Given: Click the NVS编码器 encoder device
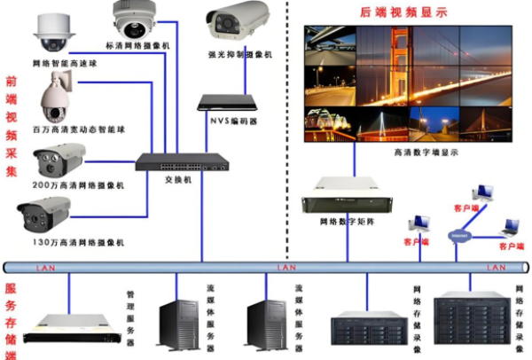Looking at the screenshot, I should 227,103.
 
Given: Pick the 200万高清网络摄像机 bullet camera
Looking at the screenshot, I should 59,162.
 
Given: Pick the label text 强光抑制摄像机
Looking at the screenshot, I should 239,54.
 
